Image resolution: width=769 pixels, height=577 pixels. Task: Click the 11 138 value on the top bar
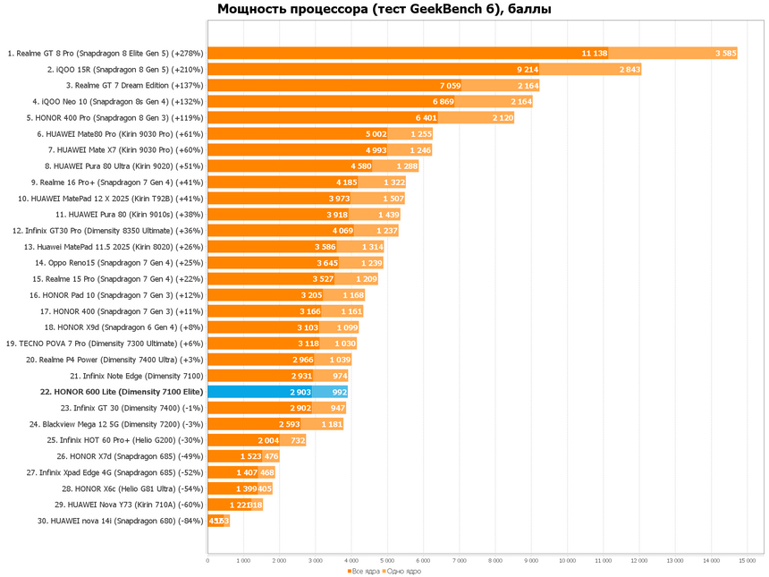click(594, 53)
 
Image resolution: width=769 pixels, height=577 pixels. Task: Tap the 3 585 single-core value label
click(725, 53)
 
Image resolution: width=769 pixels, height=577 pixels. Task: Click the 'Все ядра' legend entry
click(363, 571)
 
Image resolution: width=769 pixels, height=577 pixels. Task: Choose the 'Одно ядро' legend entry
click(403, 571)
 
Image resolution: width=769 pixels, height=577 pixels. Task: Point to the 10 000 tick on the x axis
click(567, 561)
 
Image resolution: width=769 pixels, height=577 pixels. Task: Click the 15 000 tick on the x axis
click(747, 561)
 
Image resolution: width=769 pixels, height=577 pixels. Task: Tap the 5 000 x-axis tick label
click(387, 561)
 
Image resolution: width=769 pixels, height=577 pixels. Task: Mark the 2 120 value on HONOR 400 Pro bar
click(502, 117)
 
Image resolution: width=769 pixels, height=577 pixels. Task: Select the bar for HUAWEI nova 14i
click(217, 521)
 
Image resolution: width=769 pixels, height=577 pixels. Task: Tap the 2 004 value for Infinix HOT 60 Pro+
click(268, 440)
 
